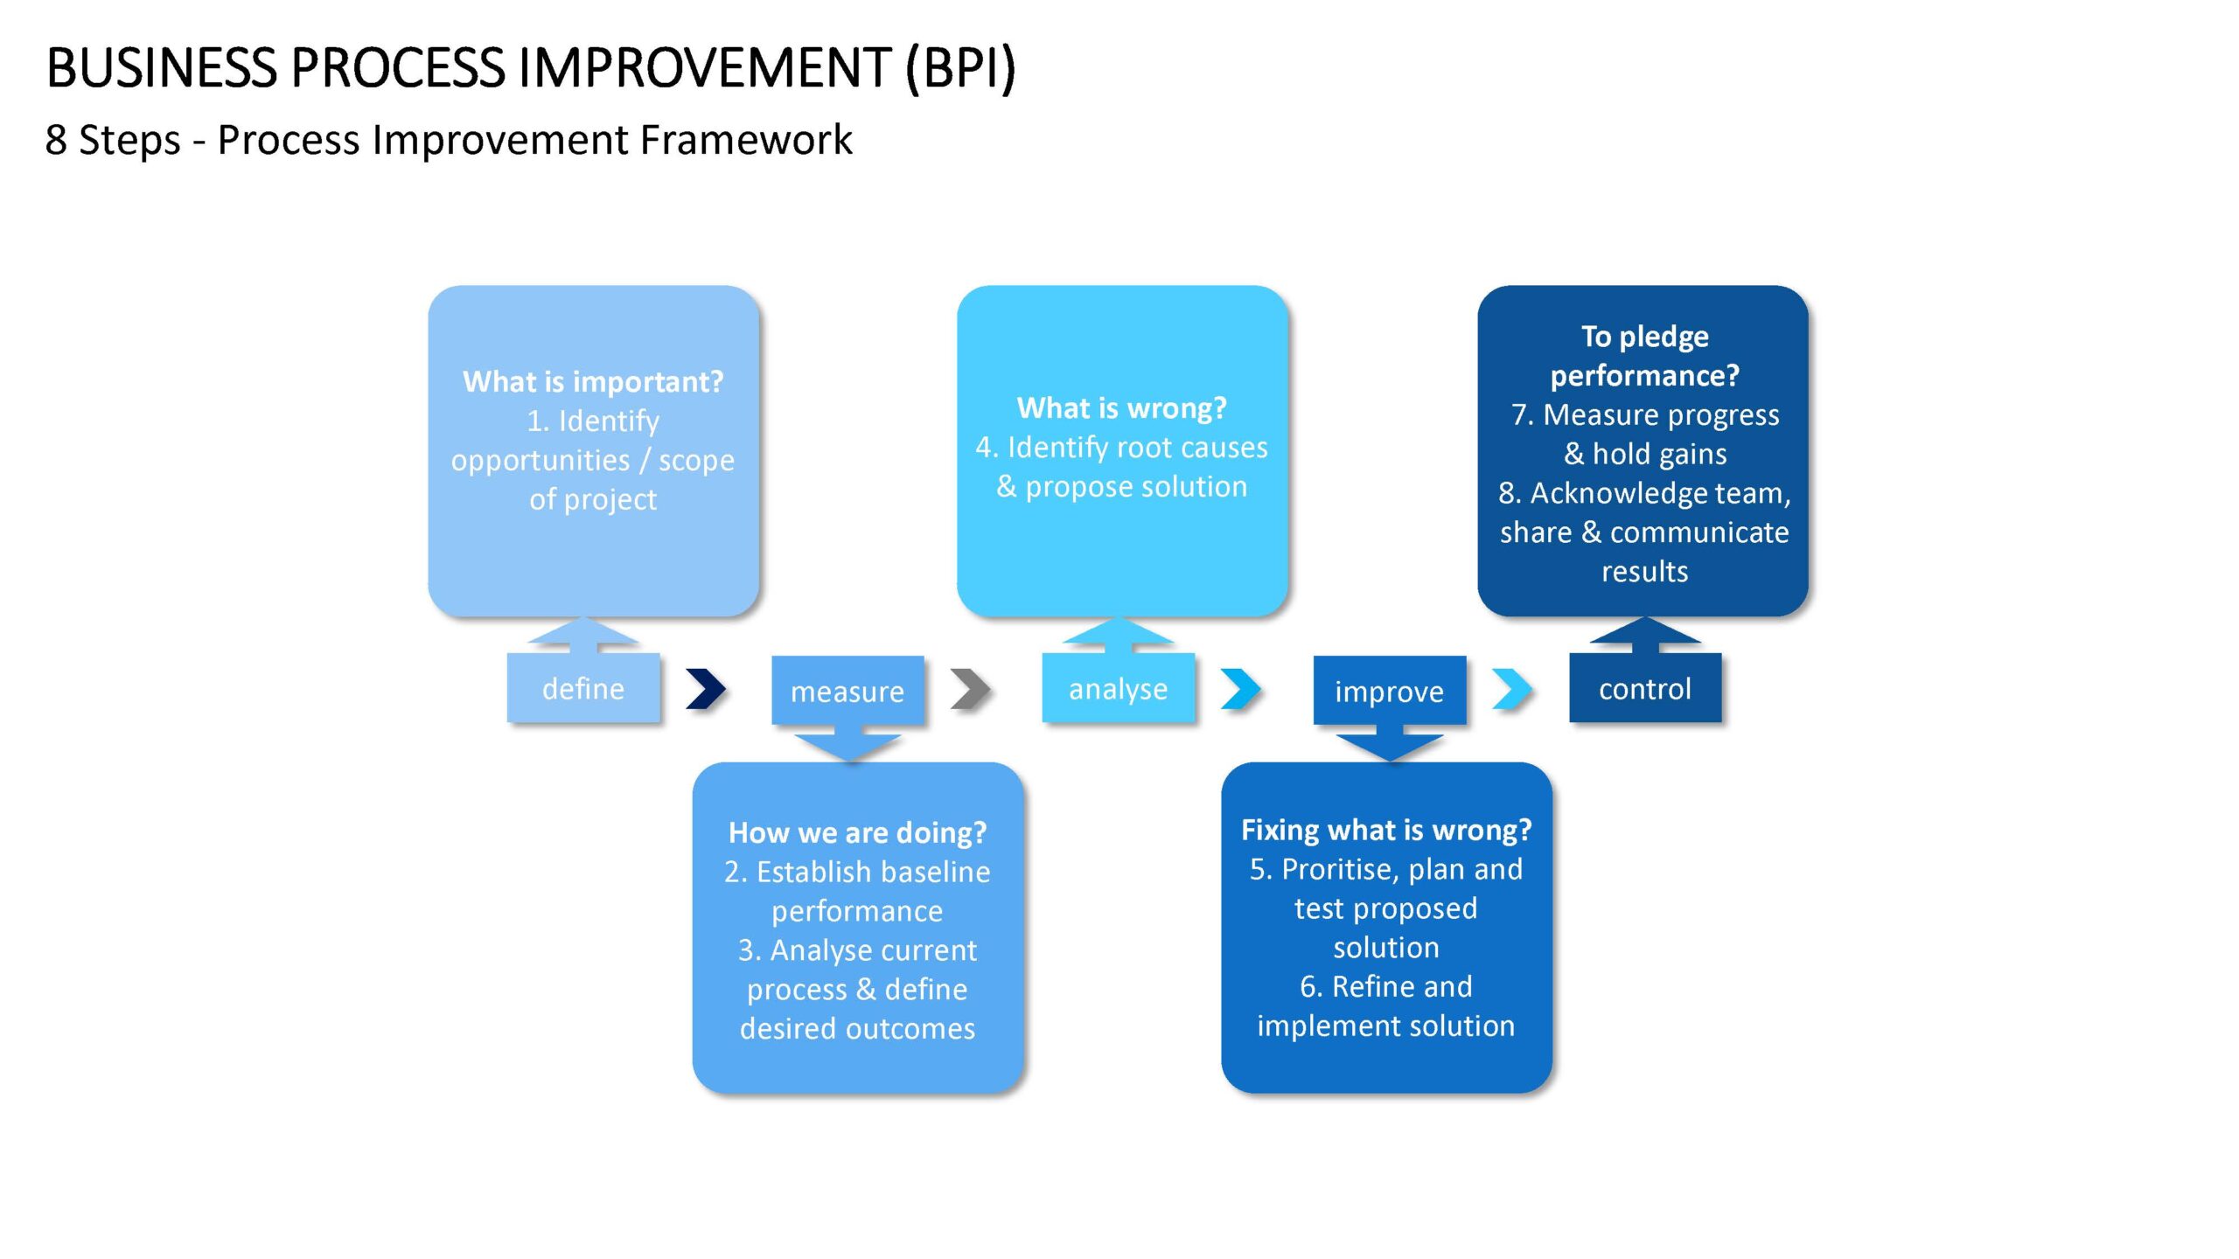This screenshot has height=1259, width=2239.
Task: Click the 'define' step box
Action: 583,688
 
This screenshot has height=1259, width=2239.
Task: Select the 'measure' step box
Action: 847,691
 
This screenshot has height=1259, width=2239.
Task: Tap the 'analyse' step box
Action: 1118,688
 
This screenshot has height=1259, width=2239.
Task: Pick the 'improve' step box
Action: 1389,691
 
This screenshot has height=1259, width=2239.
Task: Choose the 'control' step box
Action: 1645,688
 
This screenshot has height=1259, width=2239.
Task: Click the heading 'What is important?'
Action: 593,382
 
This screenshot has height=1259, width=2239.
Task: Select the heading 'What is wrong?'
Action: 1122,407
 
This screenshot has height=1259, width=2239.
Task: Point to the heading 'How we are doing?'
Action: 857,832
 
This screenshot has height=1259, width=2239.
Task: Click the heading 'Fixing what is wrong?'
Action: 1386,830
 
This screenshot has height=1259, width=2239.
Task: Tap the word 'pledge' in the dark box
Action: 1664,337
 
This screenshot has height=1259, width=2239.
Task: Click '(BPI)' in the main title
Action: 960,68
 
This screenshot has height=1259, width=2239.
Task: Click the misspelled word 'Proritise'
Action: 1325,869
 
